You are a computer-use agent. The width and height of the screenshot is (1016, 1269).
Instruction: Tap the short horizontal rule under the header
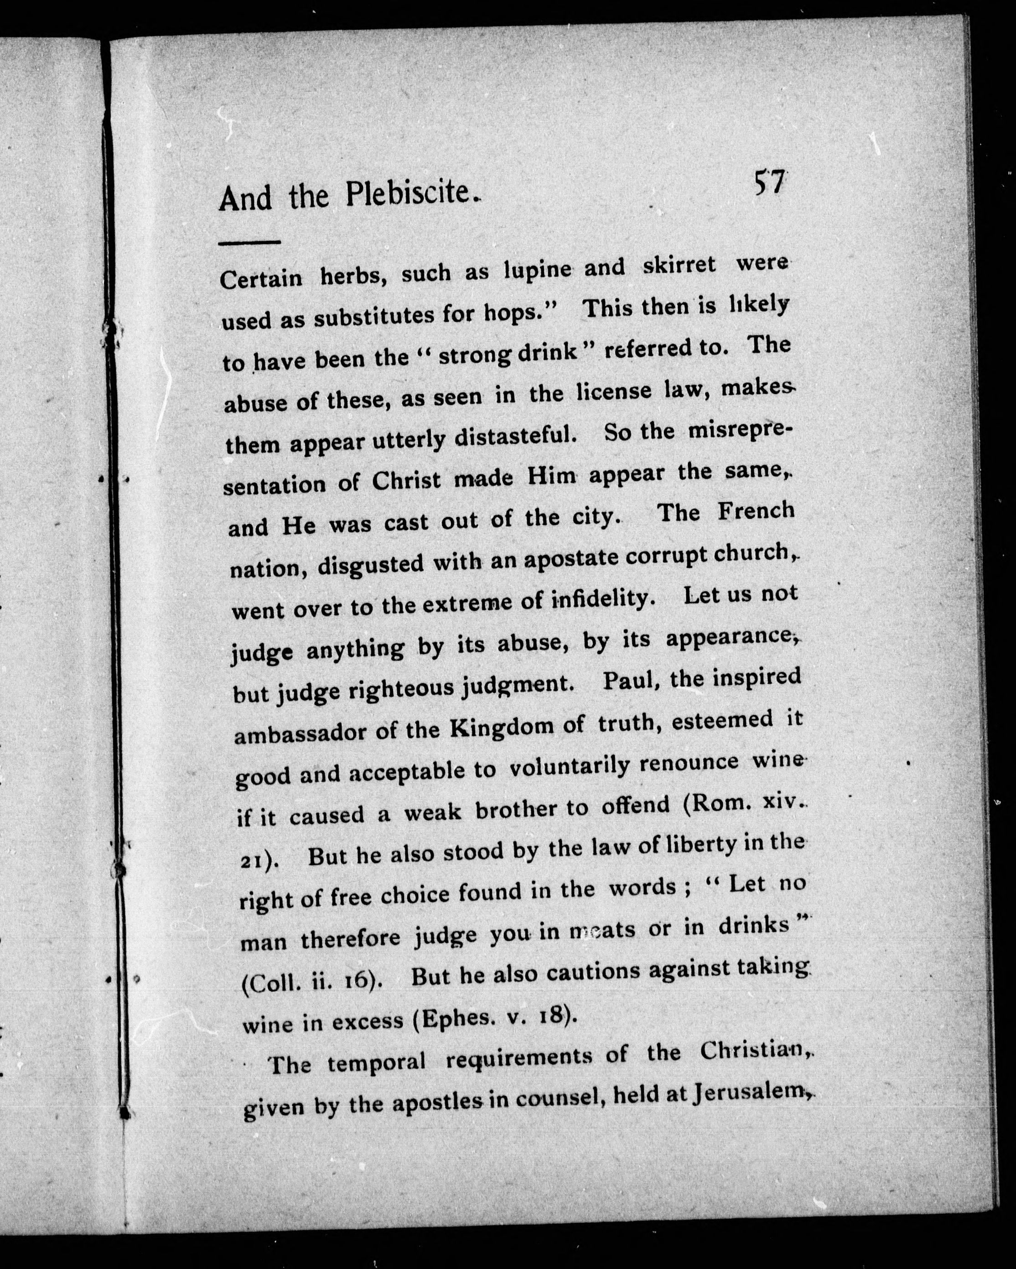[x=249, y=241]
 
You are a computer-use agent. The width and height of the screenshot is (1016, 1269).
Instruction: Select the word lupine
[x=538, y=270]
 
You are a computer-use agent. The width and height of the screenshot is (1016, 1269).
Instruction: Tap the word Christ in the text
[x=406, y=480]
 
